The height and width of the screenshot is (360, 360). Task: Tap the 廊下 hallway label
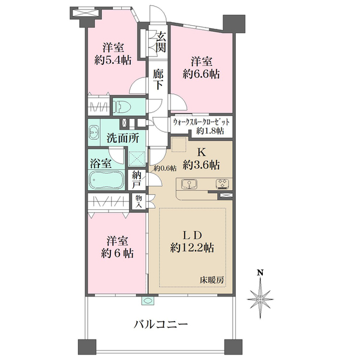[158, 79]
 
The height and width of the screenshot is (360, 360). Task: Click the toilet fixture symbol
[122, 107]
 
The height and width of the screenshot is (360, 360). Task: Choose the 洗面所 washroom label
[122, 137]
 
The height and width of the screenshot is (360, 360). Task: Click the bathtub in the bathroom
[106, 180]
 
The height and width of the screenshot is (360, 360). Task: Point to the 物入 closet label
[139, 201]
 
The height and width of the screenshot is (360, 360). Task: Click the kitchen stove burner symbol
[221, 184]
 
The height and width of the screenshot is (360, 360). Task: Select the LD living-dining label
[192, 233]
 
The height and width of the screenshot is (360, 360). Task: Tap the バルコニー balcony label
[160, 325]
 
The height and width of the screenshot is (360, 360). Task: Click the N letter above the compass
[260, 274]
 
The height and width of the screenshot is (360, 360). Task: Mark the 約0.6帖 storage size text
[164, 168]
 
